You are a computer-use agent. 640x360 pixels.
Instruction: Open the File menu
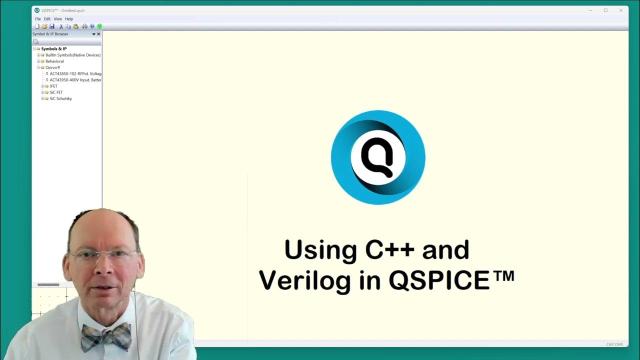pos(37,19)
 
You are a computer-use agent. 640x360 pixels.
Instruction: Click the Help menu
pos(69,19)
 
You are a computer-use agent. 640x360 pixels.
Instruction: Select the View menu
pos(58,19)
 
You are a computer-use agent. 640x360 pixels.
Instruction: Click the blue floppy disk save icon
pos(51,26)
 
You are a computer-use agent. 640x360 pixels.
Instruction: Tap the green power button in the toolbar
pos(99,26)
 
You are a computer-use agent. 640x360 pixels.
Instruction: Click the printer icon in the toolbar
pos(84,26)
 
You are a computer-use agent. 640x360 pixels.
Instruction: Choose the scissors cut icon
pos(61,26)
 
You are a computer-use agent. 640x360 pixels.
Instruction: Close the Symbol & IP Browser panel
pos(98,34)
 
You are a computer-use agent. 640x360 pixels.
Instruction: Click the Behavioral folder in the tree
pos(54,61)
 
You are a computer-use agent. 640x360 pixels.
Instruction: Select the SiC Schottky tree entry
pos(60,99)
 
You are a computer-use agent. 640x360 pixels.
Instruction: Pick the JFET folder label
pos(53,86)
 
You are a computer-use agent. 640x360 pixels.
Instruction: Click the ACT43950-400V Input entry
pos(75,80)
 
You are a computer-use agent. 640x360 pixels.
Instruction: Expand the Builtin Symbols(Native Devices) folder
pos(38,55)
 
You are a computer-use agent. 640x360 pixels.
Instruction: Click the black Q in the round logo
pos(377,156)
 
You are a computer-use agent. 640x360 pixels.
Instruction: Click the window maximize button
pos(605,10)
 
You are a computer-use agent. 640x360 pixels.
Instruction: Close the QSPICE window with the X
pos(621,10)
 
